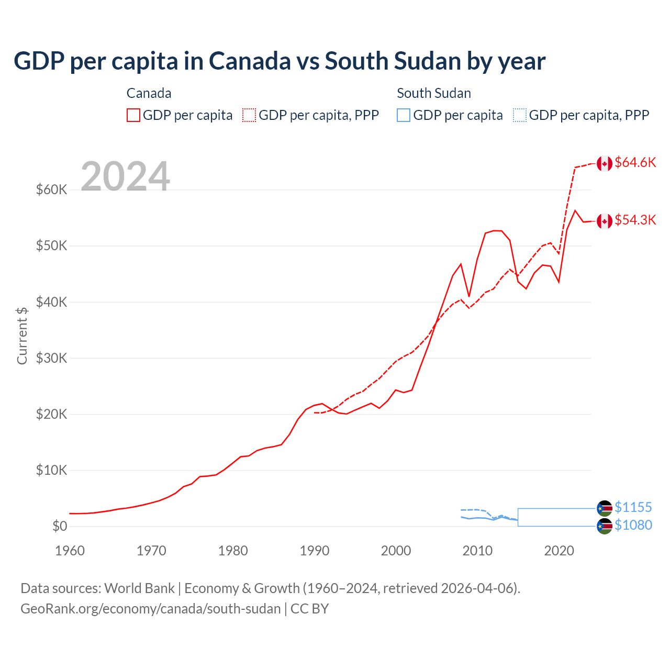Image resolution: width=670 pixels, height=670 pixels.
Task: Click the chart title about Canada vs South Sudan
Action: tap(280, 61)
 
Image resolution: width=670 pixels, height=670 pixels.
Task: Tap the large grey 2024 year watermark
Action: tap(125, 176)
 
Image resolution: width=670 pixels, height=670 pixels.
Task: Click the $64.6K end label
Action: tap(635, 163)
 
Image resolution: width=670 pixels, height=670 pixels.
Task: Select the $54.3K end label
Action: tap(635, 220)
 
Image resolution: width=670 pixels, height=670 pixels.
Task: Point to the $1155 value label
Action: tap(633, 507)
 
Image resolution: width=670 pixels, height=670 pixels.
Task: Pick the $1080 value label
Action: tap(633, 525)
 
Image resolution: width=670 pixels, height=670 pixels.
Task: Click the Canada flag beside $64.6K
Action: tap(605, 163)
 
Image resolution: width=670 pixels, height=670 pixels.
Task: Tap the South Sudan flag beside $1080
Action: tap(605, 526)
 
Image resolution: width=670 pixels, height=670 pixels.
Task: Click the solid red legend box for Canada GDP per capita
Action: tap(133, 115)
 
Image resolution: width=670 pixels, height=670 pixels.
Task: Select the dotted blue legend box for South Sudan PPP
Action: tap(520, 115)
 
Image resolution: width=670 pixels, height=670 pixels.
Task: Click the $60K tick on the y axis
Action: tap(51, 189)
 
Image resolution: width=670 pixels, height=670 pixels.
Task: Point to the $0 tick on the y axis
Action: tap(60, 526)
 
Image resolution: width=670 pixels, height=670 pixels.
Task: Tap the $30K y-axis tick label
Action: tap(51, 358)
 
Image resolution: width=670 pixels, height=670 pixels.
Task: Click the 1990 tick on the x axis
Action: tap(315, 551)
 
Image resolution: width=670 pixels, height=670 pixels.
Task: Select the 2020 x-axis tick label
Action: tap(559, 551)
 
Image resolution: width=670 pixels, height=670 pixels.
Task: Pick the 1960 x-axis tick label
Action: tap(70, 551)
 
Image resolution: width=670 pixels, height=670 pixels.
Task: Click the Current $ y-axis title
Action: tap(22, 336)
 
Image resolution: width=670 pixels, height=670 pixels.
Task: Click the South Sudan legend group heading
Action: tap(433, 93)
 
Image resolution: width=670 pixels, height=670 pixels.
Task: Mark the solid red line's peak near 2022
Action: tap(575, 210)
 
